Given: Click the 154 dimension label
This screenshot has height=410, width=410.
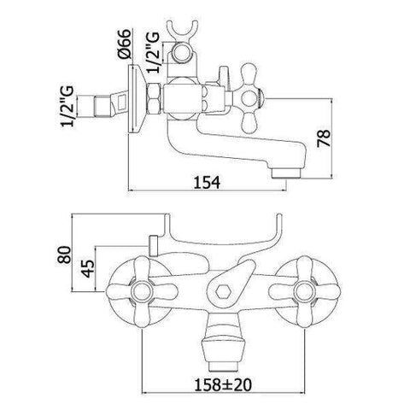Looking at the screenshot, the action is pyautogui.click(x=207, y=182).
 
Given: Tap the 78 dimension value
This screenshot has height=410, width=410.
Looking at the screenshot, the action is pyautogui.click(x=324, y=138).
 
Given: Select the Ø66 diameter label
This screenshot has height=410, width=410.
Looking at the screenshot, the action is pyautogui.click(x=125, y=44).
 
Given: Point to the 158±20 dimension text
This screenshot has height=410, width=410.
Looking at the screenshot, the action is pyautogui.click(x=223, y=385).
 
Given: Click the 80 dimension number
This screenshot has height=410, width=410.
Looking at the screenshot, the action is pyautogui.click(x=63, y=255).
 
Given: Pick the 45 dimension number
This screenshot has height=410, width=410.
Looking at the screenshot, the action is pyautogui.click(x=88, y=268).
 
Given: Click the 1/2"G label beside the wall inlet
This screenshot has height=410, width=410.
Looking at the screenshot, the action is pyautogui.click(x=67, y=106).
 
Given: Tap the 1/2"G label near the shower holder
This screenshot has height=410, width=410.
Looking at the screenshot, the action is pyautogui.click(x=152, y=53).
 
